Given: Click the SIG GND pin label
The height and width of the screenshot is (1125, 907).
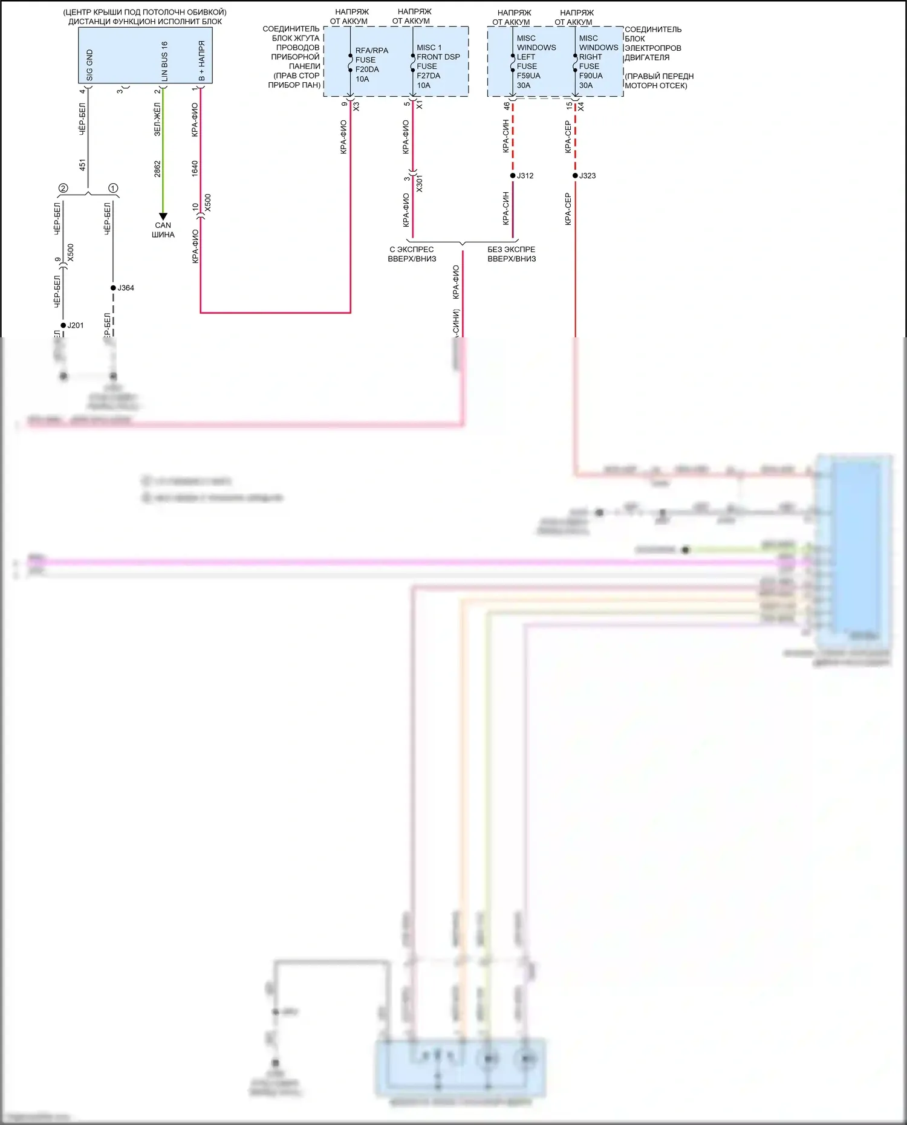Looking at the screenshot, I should point(89,65).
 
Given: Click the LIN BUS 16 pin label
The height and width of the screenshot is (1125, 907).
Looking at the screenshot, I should point(164,62).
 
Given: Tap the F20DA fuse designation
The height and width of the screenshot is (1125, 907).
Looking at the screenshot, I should point(367,70).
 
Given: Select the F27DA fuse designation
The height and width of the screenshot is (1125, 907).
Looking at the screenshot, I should point(428,76).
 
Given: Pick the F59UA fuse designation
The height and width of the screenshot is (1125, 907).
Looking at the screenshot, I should point(528,76).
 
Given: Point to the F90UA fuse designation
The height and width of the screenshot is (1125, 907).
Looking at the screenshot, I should point(591,76).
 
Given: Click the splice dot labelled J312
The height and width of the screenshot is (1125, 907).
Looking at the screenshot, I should point(513,176).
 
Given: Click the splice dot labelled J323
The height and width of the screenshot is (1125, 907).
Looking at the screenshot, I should point(575,176).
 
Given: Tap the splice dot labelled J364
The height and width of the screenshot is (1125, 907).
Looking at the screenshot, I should point(113,288).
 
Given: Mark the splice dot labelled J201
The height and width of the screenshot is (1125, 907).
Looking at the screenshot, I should point(63,325).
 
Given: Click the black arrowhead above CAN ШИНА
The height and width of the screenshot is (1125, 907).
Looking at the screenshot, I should point(163,216).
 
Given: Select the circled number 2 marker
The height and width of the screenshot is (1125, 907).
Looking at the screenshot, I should point(63,188).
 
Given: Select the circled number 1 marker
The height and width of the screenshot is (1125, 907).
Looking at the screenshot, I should point(113,188).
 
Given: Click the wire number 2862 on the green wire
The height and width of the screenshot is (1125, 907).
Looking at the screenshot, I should point(157,169).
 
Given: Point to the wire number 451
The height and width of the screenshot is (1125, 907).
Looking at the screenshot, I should point(82,164).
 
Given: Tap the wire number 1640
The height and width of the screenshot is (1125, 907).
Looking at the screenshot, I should point(195,168).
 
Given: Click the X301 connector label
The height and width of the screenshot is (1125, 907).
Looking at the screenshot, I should point(420,184).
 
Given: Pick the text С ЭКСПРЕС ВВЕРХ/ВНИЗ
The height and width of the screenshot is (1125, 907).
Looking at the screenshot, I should point(412,254).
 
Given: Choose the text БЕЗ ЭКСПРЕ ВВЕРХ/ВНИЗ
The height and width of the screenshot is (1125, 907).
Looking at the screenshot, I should point(512,254).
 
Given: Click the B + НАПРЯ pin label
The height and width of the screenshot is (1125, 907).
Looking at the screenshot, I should point(202,61).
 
